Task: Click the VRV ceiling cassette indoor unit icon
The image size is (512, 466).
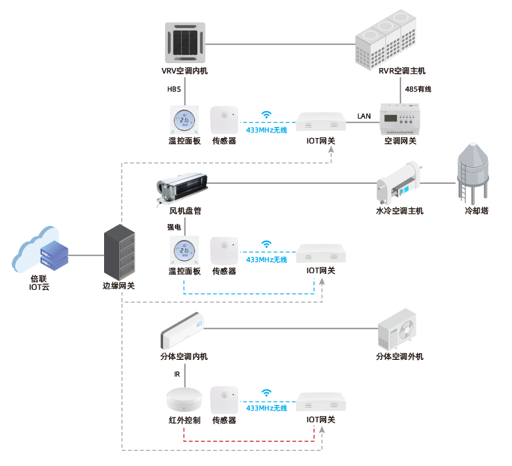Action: coord(185,42)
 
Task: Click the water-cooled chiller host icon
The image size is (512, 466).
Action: coord(400,182)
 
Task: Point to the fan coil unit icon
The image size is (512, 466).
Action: coord(182,186)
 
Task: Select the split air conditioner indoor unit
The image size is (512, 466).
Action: coord(182,330)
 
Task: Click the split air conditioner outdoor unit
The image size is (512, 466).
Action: coord(399,329)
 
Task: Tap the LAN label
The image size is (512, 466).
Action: coord(364,114)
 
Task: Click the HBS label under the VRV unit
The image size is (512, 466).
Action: coord(173,89)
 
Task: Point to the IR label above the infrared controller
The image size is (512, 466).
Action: coord(177,374)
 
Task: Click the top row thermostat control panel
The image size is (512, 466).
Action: coord(185,120)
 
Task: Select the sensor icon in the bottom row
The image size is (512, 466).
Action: coord(224,399)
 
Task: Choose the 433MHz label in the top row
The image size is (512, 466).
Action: coord(266,130)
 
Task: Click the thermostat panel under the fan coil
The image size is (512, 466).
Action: coord(185,251)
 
